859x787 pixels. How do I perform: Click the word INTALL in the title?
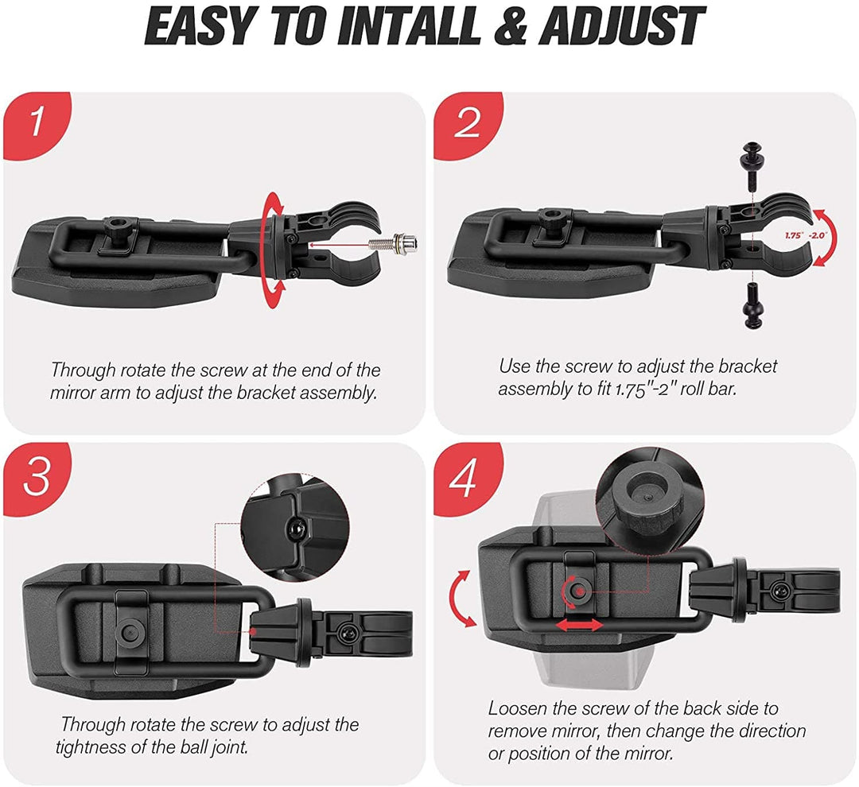tap(409, 26)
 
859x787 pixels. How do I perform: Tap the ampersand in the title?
tap(511, 26)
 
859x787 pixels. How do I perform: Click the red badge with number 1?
tap(37, 125)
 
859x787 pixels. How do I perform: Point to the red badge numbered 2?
tap(467, 125)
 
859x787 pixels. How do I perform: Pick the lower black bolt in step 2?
tap(751, 306)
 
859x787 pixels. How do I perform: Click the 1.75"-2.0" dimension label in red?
tap(805, 235)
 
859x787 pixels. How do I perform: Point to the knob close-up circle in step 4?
tap(649, 498)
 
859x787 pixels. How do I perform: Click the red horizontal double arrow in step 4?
tap(580, 625)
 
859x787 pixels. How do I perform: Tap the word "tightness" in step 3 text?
tap(90, 746)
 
